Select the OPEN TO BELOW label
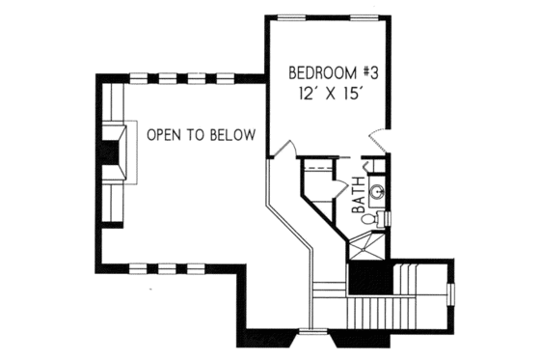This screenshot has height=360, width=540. point(201,135)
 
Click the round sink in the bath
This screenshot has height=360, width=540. point(379,192)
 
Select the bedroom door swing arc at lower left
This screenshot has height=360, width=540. point(285,150)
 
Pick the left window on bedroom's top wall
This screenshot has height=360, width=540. point(288,17)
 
